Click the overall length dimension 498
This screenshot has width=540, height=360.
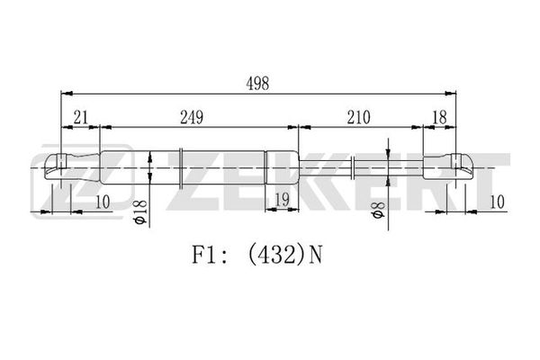point(257,84)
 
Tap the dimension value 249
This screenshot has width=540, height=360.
point(192,118)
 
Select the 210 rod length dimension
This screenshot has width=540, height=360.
point(358,118)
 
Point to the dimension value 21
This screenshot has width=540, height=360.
point(81,118)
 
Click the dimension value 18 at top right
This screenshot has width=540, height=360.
point(439,118)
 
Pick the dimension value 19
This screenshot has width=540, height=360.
point(282,200)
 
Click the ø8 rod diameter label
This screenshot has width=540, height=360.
point(378,210)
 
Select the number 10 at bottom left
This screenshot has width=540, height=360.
point(103,202)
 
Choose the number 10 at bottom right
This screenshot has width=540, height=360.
point(497,202)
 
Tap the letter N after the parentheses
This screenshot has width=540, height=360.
point(315,255)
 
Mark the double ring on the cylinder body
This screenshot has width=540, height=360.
point(181,167)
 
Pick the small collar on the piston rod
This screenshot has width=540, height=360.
point(353,167)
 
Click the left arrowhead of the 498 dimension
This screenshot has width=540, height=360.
point(67,94)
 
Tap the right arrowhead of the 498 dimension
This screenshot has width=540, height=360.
point(451,94)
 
